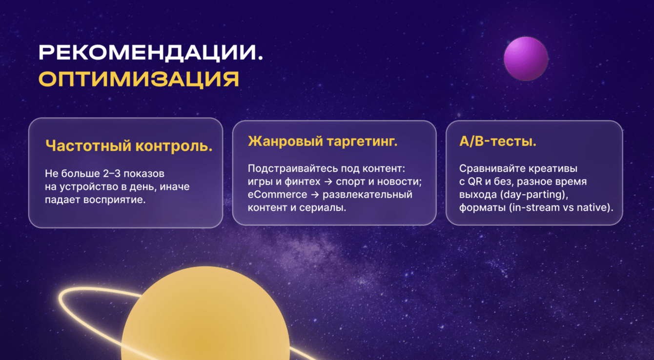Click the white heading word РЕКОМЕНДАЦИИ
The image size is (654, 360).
tap(151, 53)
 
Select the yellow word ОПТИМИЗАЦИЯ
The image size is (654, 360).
tap(139, 80)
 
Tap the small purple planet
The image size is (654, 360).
tap(526, 59)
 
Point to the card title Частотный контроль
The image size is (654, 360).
tap(129, 145)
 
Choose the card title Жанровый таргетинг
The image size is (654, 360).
tap(323, 141)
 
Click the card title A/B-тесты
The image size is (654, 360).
tap(498, 141)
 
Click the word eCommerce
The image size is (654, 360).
tap(277, 194)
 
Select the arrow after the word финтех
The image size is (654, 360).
tap(328, 182)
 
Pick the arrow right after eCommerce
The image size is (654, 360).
tap(315, 195)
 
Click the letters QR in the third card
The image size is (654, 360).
tap(475, 181)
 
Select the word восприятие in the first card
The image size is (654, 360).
tap(114, 200)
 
